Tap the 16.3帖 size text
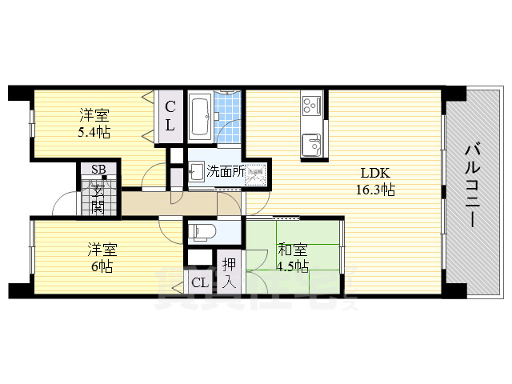(375, 190)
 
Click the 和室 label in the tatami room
(292, 250)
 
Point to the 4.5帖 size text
(292, 266)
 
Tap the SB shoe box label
(98, 169)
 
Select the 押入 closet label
(230, 271)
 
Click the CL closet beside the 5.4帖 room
(170, 115)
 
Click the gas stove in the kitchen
(310, 104)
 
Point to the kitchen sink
(310, 145)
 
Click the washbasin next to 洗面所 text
(195, 170)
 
